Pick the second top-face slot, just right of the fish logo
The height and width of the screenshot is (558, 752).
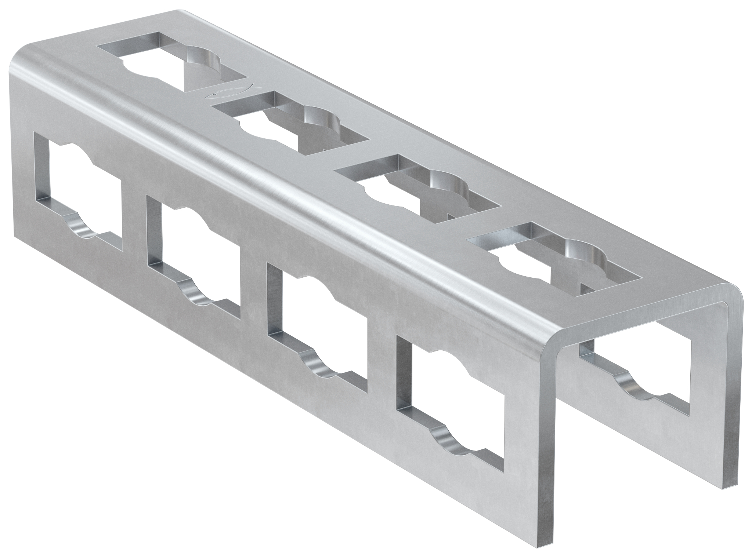pos(290,123)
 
